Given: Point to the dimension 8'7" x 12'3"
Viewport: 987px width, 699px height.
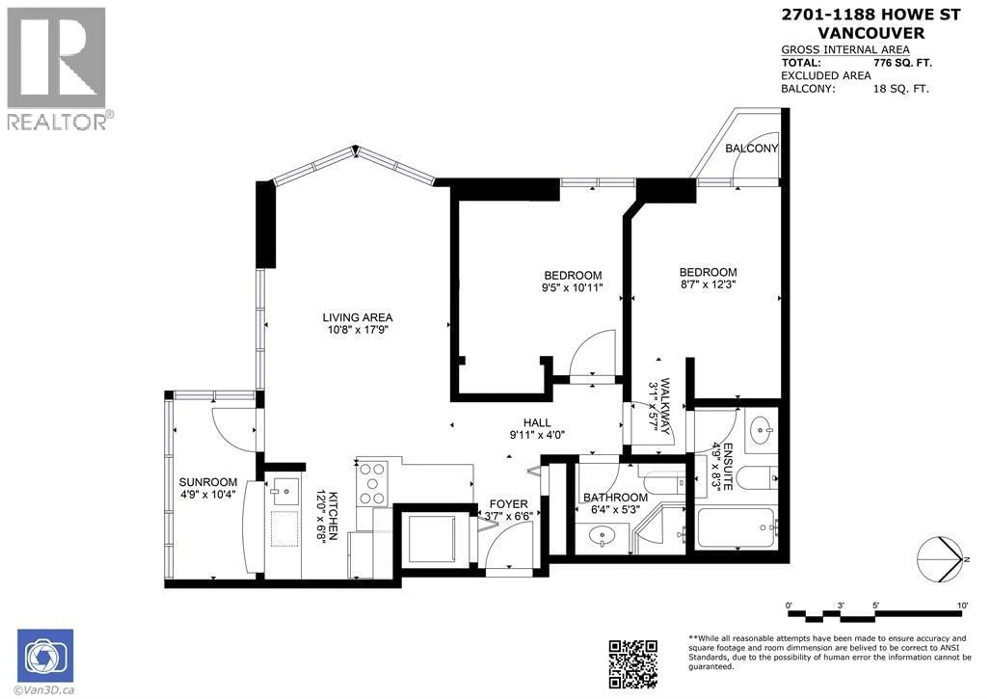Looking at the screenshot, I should coord(708,285).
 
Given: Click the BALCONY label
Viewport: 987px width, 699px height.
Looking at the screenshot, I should coord(751,149).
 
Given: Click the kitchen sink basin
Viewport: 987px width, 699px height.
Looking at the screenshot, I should coord(286,491).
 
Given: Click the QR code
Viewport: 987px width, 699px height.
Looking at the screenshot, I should coord(633,664).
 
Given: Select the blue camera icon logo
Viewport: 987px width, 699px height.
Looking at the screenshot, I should coord(45,656).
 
